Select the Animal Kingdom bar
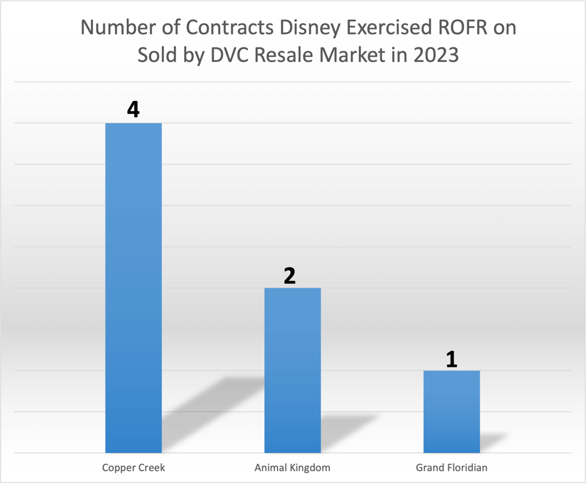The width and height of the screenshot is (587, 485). point(292,370)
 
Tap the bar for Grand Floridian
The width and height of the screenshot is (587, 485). point(452,411)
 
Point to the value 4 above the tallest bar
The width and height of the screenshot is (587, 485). point(133,109)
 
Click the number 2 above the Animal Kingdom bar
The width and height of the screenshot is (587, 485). point(289,276)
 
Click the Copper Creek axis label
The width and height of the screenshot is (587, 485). point(134,468)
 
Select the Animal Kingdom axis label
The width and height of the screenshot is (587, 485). point(292,468)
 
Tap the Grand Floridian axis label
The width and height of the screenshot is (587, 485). point(452,468)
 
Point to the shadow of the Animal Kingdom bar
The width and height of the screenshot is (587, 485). point(344,427)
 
